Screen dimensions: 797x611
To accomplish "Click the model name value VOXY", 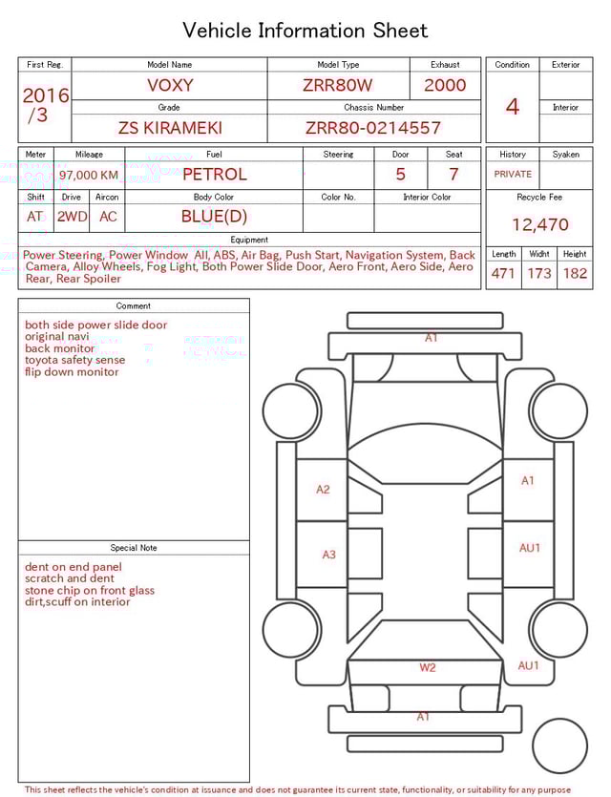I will coord(170,85).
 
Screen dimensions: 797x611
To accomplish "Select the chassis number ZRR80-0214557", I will coord(373,127).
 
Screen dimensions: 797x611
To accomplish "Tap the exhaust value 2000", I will coord(445,85).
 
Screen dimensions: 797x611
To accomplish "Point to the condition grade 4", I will coord(513,107).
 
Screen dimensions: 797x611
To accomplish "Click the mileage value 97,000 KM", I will coord(89,176).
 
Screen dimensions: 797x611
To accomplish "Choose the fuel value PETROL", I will coord(214,175).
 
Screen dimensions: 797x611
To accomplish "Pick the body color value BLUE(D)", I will coord(214,217).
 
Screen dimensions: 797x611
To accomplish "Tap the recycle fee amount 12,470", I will coord(539,225).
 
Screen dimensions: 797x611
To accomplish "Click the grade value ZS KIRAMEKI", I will coord(169,127).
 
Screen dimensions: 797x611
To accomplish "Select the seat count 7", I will coord(453,175).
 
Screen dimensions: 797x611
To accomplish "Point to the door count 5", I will coord(401,175).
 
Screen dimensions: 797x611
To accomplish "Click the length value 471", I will coord(503,274).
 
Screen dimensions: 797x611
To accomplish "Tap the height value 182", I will coord(575,274).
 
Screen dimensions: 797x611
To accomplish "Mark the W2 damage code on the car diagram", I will coord(427,667).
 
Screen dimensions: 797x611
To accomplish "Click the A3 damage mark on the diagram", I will coord(328,555).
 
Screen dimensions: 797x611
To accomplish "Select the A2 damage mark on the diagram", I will coord(323,490).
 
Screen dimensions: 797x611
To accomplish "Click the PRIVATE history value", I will coord(513,175).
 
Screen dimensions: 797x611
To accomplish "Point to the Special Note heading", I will coord(134,548).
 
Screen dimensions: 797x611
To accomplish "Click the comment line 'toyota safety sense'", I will coord(74,360).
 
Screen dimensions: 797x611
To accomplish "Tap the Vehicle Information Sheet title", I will coord(305,31).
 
